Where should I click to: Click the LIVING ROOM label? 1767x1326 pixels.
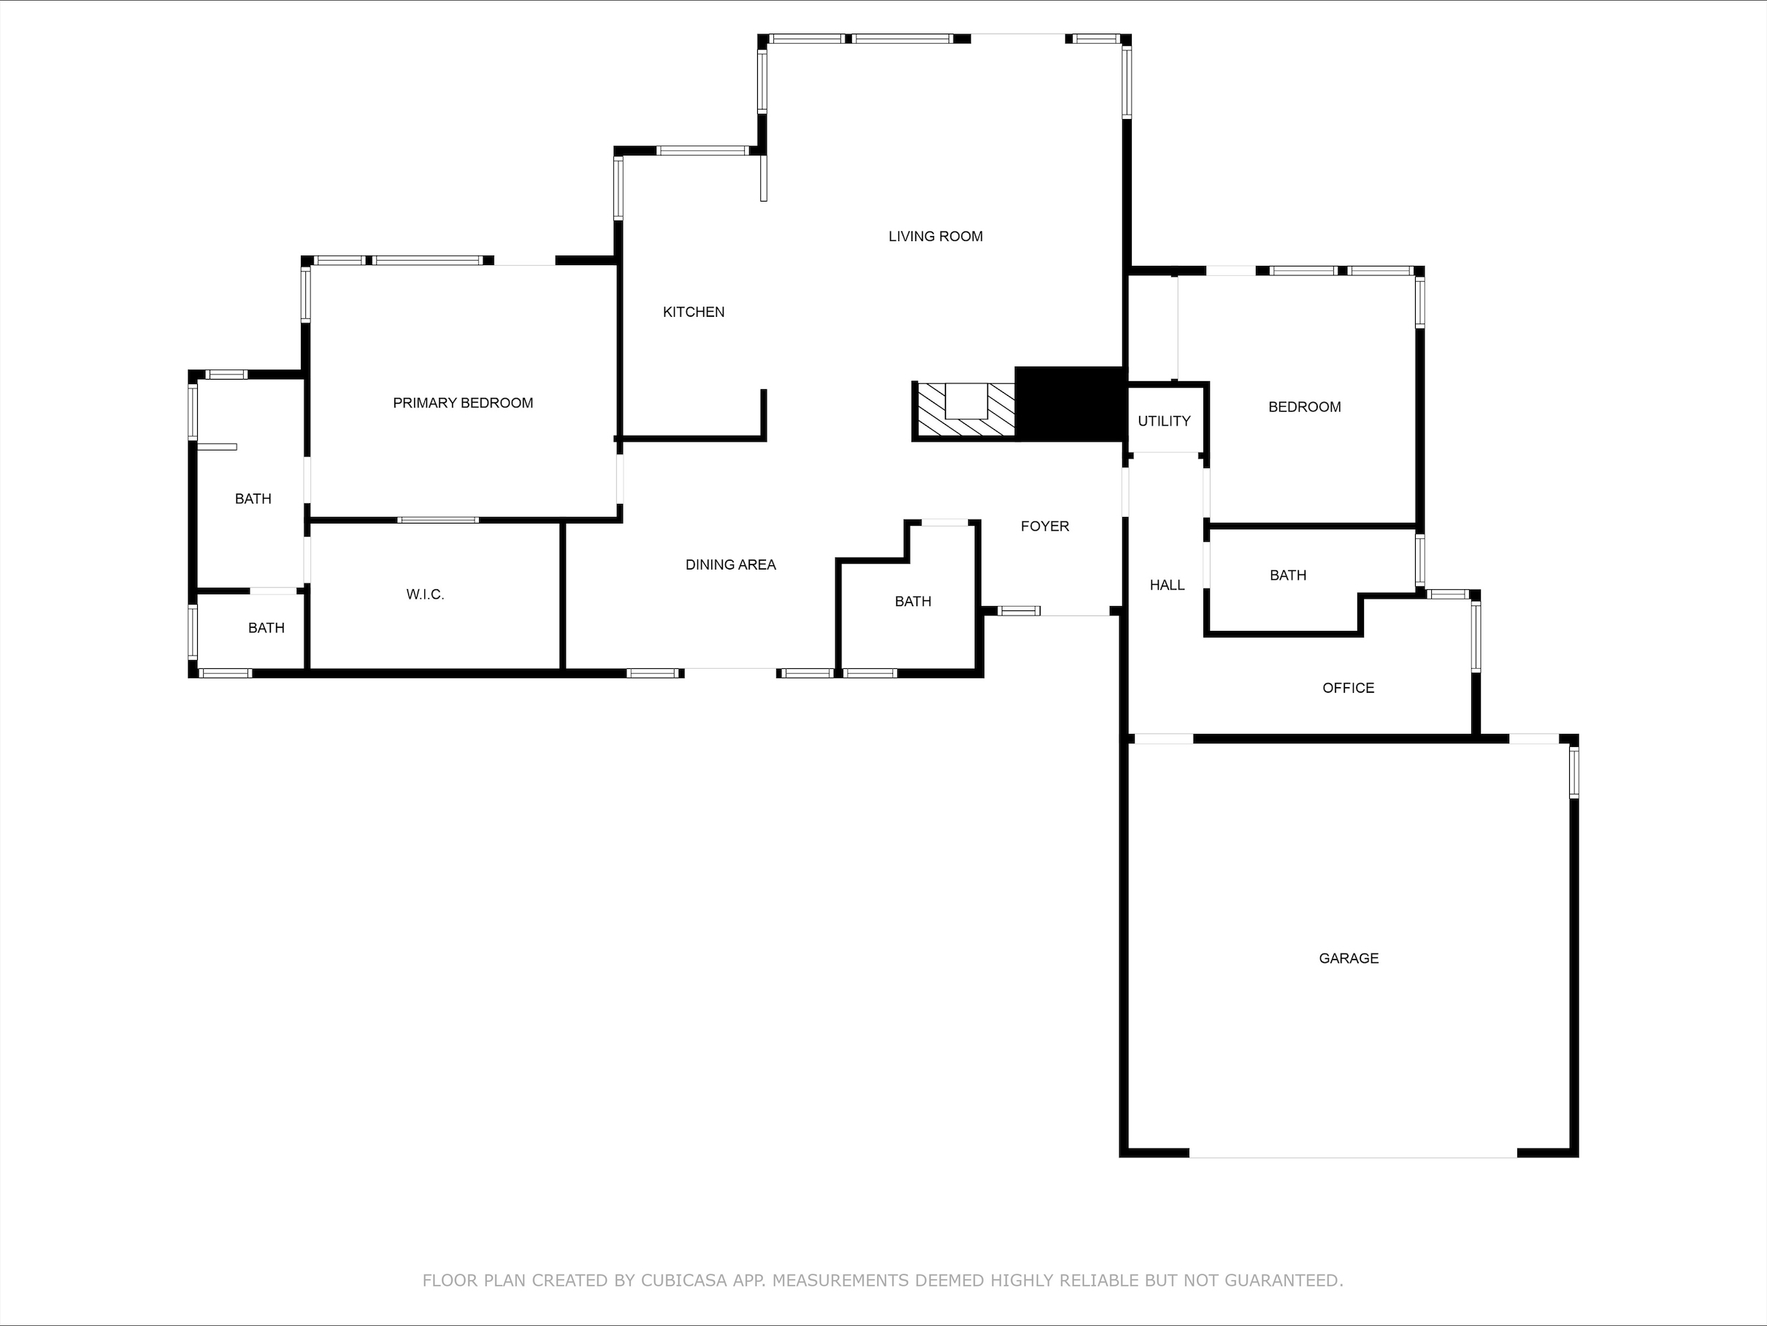coord(935,237)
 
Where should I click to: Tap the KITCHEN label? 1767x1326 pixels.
coord(694,313)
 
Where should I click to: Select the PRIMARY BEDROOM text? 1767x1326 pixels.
coord(462,403)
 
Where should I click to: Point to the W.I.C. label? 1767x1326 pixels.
coord(425,594)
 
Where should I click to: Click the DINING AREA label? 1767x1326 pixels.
coord(730,564)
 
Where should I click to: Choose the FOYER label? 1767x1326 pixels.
coord(1044,526)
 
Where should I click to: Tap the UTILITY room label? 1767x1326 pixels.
coord(1164,421)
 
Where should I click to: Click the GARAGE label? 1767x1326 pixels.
coord(1349,959)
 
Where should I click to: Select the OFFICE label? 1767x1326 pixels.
coord(1348,688)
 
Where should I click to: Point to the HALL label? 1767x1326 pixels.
coord(1166,586)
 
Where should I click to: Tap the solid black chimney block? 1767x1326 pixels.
coord(1069,403)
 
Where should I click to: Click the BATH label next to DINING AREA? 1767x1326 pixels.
coord(912,602)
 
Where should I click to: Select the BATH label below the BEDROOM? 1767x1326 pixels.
coord(1288,575)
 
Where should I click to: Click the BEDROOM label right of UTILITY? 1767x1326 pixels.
coord(1303,407)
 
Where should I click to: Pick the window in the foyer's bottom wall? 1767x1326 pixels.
coord(1019,611)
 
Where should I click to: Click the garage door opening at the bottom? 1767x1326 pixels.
coord(1352,1153)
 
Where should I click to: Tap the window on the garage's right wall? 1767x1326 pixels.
coord(1574,773)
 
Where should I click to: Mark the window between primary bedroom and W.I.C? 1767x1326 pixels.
coord(438,520)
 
